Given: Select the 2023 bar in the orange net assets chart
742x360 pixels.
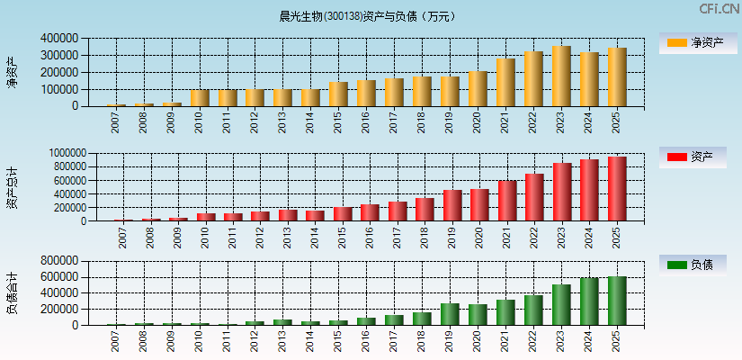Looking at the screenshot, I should click(x=561, y=76).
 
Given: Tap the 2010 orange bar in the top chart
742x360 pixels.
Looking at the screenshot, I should click(x=199, y=97).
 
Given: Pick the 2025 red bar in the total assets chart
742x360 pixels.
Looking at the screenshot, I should click(x=617, y=189).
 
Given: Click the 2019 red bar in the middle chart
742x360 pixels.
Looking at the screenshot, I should click(x=452, y=205).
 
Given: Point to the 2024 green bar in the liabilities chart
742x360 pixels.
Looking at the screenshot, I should click(x=589, y=301).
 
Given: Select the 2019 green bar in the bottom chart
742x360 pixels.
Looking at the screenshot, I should click(x=450, y=314).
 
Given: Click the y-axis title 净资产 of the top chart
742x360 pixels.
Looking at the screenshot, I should click(x=12, y=72).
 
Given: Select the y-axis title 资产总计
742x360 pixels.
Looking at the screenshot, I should click(x=12, y=188).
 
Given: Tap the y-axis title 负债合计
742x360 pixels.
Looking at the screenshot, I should click(x=12, y=293).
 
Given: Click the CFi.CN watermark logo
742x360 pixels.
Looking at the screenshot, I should click(x=720, y=9).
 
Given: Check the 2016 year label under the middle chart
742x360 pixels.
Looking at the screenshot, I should click(x=370, y=238).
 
